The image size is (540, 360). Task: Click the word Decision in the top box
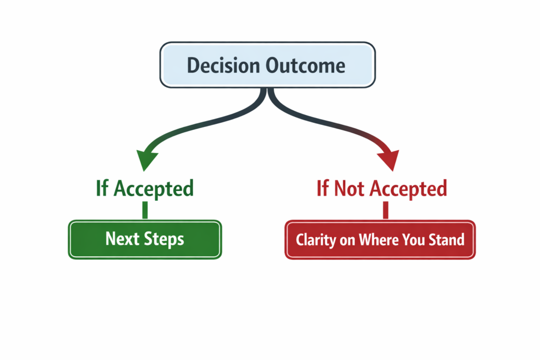223,65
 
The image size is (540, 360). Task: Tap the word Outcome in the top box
305,65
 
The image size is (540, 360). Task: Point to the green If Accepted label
144,189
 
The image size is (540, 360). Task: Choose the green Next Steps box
145,239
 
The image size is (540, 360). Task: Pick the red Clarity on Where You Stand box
380,239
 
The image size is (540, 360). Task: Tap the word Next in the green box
122,239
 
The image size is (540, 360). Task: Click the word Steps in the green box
164,239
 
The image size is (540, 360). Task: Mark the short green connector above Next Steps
145,210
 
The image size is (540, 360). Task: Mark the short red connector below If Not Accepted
385,210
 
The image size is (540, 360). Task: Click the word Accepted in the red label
409,189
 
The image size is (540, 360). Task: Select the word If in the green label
102,188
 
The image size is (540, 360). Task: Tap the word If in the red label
323,188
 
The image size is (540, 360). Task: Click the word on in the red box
348,240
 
